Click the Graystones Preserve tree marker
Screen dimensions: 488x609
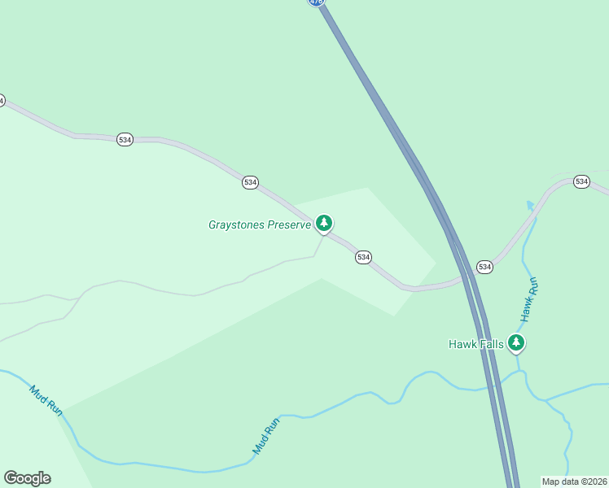[324, 223]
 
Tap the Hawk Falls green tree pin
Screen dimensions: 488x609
[515, 343]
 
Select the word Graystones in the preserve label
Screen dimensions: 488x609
[235, 224]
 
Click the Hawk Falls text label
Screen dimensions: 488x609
[476, 344]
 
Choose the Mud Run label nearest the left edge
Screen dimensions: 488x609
[46, 401]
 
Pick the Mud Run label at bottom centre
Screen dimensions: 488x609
[265, 435]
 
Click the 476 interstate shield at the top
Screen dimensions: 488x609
[317, 2]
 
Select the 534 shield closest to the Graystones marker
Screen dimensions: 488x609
[363, 257]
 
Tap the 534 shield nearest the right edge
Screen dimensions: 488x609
[581, 181]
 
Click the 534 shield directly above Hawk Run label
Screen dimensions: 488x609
[484, 267]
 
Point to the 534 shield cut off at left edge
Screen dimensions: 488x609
[2, 100]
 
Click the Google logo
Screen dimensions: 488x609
[27, 478]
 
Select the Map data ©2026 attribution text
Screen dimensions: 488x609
[574, 481]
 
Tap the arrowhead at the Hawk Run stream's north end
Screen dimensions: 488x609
[530, 205]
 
